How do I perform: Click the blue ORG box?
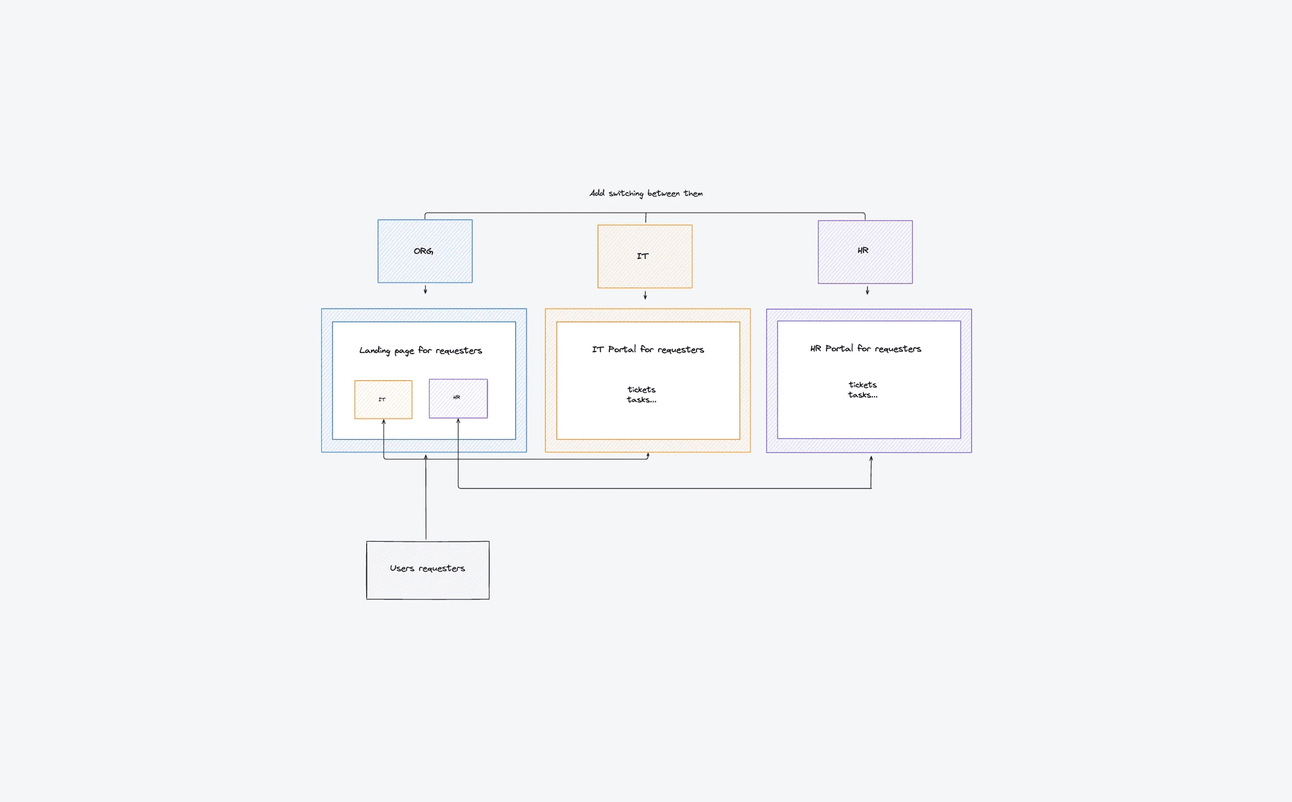coord(425,251)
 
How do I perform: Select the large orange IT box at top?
coord(645,256)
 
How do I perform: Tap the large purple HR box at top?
coord(865,252)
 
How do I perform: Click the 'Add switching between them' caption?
coord(646,193)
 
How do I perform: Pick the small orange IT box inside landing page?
coord(383,399)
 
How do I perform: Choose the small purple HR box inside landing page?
coord(458,398)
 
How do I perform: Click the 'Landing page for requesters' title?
coord(421,350)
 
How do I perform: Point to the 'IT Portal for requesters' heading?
coord(648,349)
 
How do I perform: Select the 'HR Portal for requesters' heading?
coord(866,348)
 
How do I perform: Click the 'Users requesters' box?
coord(428,570)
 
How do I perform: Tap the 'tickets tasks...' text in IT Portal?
coord(641,395)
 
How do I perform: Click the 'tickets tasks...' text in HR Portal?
coord(862,389)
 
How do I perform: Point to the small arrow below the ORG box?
coord(425,289)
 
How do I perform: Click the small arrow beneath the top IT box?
coord(645,295)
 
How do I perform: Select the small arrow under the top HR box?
coord(867,290)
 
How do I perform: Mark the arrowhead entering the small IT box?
coord(383,421)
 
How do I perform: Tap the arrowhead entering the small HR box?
coord(458,421)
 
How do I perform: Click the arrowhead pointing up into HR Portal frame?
coord(871,458)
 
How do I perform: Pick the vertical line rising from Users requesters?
coord(426,497)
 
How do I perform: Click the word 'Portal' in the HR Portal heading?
coord(839,348)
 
